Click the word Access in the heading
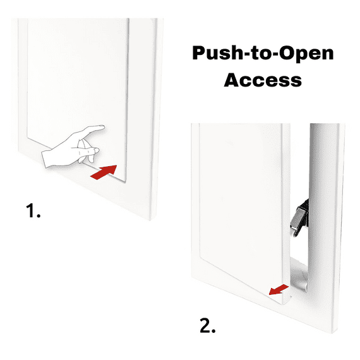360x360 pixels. point(263,80)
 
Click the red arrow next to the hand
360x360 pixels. point(104,172)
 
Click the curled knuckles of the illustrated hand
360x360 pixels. point(82,152)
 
